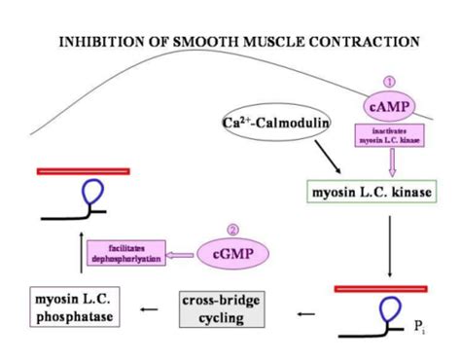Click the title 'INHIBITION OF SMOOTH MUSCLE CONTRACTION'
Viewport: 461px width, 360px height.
[239, 42]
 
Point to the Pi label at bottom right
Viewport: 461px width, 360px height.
[419, 329]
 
